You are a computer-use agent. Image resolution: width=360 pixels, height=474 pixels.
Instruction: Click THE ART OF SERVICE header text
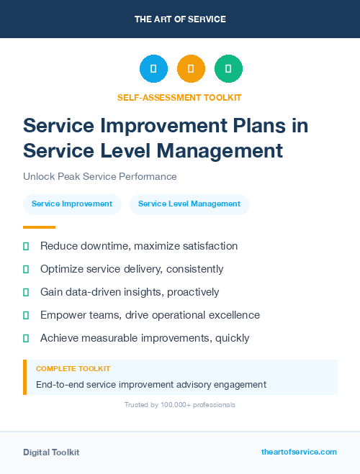point(180,19)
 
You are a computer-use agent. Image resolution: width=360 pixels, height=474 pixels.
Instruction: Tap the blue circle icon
point(153,69)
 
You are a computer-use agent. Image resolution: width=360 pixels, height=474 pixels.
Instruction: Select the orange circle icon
point(191,69)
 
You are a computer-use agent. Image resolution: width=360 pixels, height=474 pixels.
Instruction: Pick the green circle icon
point(228,69)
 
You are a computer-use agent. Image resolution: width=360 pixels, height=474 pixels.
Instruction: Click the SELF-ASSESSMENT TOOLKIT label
point(179,97)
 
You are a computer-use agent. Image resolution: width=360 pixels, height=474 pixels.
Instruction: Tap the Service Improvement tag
point(72,204)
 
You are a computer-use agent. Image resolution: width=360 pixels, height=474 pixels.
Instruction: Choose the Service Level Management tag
point(189,204)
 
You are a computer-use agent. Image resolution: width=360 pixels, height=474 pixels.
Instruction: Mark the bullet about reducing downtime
point(138,246)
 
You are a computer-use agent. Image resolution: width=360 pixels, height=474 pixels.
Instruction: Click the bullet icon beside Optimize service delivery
point(26,269)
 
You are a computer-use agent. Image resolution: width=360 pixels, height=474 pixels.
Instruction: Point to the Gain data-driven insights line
point(130,292)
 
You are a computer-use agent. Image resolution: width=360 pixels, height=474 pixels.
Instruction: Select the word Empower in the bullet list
point(61,315)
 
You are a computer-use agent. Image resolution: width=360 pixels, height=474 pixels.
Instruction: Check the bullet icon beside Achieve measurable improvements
point(26,338)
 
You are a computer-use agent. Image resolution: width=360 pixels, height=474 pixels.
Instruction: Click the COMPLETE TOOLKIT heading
point(73,369)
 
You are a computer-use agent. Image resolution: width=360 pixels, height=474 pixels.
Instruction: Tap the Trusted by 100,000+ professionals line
point(180,405)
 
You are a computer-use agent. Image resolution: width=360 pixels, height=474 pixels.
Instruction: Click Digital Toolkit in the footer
point(51,452)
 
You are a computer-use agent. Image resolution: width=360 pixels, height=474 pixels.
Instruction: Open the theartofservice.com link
point(299,452)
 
